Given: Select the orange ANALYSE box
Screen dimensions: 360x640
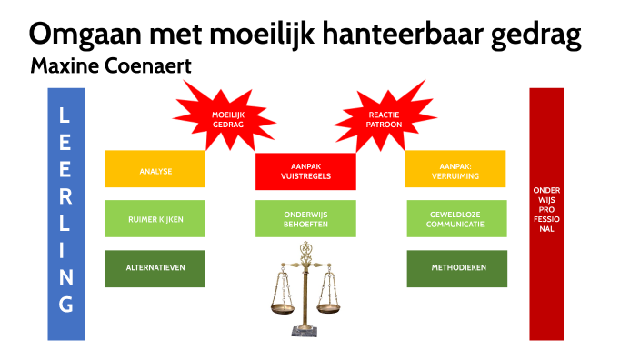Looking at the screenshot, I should [155, 170].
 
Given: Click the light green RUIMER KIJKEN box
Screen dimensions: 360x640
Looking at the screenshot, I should [155, 218].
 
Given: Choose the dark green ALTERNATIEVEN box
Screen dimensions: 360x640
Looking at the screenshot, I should [155, 268].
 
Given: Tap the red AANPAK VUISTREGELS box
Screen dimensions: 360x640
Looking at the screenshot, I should [305, 170].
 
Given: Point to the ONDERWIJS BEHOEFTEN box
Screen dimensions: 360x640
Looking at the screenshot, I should [305, 218].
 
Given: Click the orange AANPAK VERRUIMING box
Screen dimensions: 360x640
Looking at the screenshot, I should [455, 168].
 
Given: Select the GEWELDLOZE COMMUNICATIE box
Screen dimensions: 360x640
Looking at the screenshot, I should [455, 218].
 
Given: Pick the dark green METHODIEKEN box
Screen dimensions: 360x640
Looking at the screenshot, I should [455, 268].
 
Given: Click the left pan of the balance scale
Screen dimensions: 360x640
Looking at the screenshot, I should [285, 308].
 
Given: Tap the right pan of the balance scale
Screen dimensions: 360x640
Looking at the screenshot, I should [330, 308].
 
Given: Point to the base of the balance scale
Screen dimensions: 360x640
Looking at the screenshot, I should [306, 330].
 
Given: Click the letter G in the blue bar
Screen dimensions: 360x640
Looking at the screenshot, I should [65, 304].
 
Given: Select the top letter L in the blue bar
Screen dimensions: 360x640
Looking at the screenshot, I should [65, 115].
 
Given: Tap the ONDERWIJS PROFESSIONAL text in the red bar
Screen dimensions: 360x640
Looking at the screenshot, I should [545, 209].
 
